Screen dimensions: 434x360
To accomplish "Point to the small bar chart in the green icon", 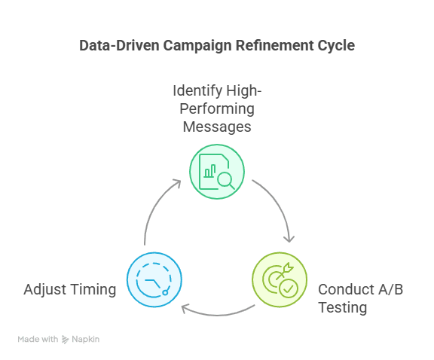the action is click(x=209, y=171).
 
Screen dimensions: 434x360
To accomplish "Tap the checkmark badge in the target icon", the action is click(x=289, y=288).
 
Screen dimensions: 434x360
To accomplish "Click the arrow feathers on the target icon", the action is click(x=288, y=267).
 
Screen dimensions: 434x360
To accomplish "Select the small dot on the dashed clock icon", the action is click(x=165, y=293).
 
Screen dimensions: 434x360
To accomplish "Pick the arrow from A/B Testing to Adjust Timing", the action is click(x=218, y=315).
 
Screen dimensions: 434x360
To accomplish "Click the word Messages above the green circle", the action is click(x=217, y=127).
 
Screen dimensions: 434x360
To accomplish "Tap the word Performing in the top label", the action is click(x=217, y=109).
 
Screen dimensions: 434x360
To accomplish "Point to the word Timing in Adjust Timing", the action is click(x=93, y=290).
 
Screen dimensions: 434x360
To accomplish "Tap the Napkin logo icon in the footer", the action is click(x=65, y=339).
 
